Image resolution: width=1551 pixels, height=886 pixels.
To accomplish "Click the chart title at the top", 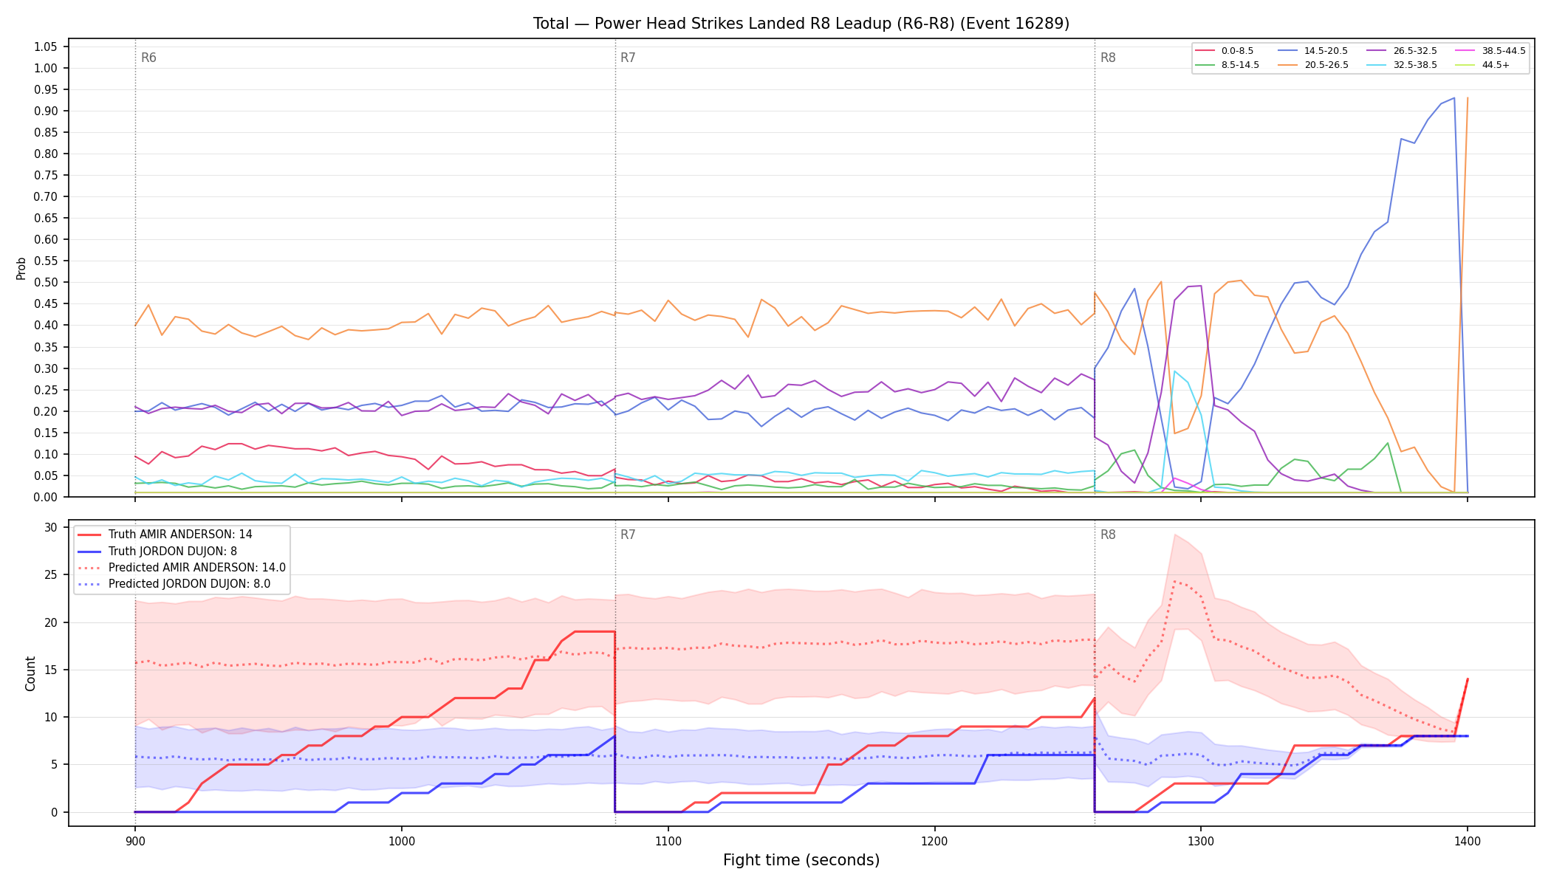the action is coord(801,24).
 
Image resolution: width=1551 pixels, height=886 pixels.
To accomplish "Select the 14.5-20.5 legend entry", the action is coord(1315,51).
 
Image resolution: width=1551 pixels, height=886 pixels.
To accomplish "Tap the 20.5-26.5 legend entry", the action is coord(1315,65).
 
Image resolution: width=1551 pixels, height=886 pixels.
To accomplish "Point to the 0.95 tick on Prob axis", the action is coord(45,90).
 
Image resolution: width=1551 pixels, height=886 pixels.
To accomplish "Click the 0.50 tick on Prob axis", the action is coord(45,283).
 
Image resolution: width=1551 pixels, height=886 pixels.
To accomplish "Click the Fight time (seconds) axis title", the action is coord(801,860).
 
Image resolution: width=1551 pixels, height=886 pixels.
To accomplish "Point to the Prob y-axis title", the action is coord(21,268).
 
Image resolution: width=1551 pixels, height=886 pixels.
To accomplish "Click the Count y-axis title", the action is coord(30,673).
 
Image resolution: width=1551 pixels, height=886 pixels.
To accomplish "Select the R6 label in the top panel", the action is coord(148,58).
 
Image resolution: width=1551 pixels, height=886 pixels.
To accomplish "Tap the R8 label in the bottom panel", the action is coord(1108,535).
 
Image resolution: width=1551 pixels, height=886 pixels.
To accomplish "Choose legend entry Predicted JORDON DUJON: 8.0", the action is coord(181,584).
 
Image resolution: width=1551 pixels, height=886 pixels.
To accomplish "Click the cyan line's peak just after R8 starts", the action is coord(1174,371).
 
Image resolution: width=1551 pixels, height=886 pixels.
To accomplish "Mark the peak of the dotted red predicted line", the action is coord(1174,581).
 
